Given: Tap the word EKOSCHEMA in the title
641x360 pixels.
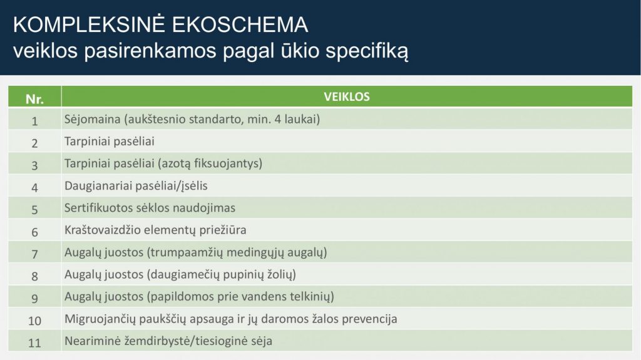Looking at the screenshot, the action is [240, 24].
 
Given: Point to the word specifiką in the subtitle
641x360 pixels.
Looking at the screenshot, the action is [367, 51].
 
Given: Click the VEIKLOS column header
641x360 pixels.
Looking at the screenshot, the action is [347, 97].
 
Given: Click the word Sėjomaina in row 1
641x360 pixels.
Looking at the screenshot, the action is [93, 120].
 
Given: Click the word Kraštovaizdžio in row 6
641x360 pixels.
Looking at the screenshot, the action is [103, 230].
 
